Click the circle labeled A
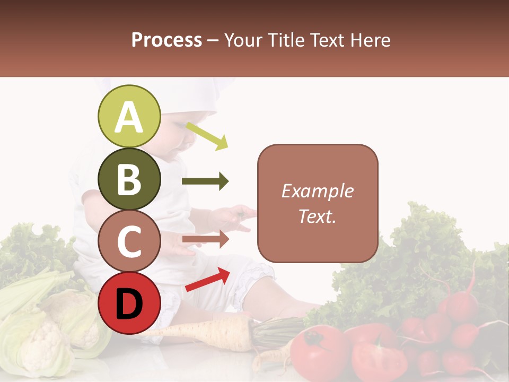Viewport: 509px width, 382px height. click(129, 116)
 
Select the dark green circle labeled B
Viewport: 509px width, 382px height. click(129, 179)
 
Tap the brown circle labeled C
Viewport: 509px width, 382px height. click(129, 241)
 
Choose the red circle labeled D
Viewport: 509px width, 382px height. click(129, 303)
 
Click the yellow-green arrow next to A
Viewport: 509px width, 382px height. click(207, 136)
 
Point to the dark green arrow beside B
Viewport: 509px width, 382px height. click(205, 181)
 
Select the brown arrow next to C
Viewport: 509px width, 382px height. click(205, 239)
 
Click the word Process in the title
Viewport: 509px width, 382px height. click(166, 40)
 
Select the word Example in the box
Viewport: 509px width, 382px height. click(318, 191)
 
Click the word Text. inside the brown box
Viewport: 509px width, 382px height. click(318, 216)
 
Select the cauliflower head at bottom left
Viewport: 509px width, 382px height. click(48, 334)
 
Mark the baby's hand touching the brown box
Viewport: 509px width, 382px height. click(239, 215)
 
